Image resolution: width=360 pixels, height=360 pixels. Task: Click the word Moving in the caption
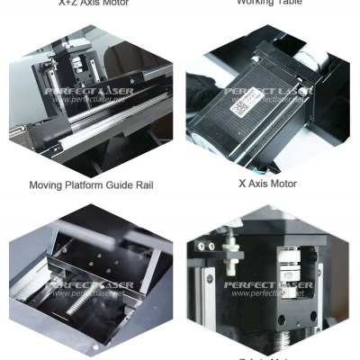(47, 186)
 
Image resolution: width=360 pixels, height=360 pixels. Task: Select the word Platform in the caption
(86, 186)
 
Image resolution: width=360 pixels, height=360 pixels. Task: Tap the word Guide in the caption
(123, 186)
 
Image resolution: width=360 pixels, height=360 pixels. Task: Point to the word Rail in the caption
(147, 186)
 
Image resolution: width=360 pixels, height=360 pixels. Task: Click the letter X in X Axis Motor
(242, 184)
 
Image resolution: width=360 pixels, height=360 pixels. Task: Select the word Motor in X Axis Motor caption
(281, 184)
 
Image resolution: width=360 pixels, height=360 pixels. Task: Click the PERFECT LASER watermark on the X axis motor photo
(267, 91)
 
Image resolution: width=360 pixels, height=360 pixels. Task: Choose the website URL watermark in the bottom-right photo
(267, 294)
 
